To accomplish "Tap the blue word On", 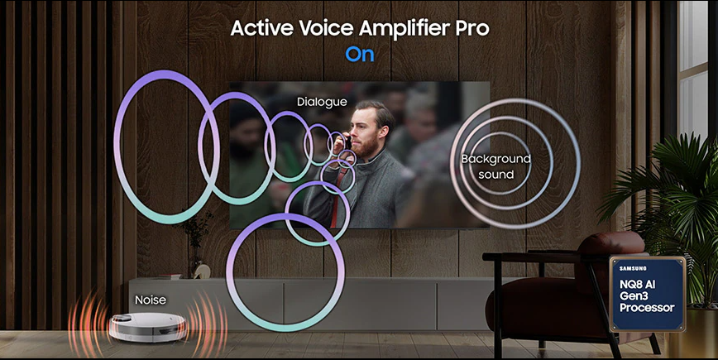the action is [360, 55].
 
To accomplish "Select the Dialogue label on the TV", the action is [322, 102].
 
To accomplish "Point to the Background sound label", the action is [496, 166].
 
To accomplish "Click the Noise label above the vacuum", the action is [151, 300].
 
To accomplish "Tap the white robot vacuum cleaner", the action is [147, 327].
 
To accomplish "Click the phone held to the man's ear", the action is [347, 142].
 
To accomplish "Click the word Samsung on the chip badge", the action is [633, 268].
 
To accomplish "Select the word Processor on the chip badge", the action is [647, 308].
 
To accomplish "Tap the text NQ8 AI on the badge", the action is [638, 284].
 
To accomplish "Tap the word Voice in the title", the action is [327, 28].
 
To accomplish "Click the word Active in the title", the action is [262, 28].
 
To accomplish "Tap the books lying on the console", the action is [170, 276].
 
